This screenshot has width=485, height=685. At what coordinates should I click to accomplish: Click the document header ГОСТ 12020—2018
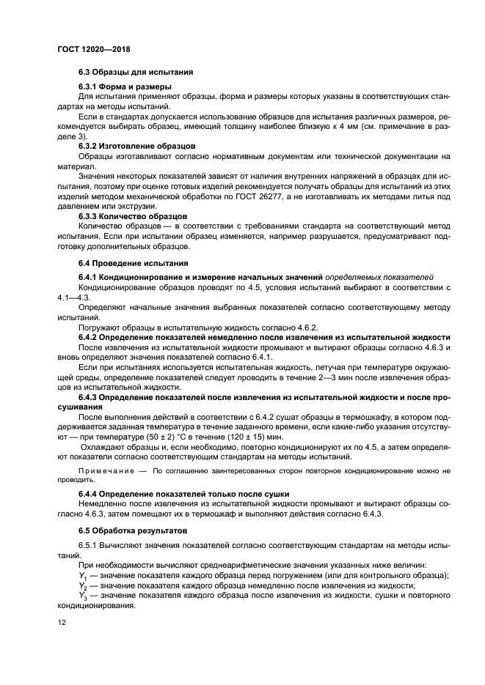point(89,51)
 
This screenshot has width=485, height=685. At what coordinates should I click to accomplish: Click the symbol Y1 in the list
point(82,575)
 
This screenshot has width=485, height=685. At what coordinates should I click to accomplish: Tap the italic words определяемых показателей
point(378,277)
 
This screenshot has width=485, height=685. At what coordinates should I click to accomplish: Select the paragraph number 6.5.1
point(89,546)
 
